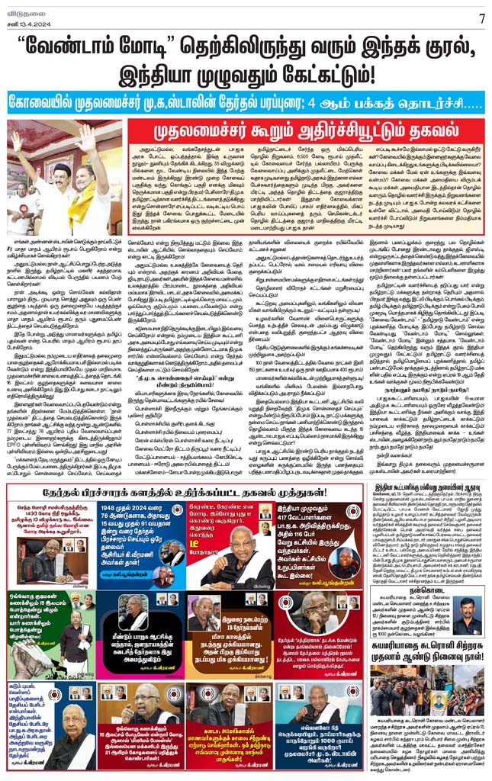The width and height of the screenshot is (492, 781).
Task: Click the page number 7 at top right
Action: (481, 18)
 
